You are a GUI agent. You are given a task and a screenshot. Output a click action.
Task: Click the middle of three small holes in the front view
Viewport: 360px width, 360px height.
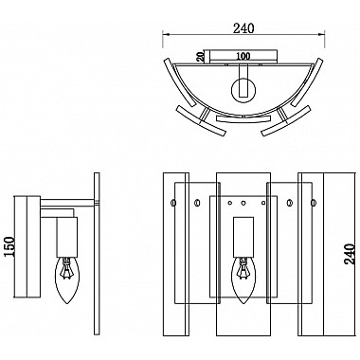243,203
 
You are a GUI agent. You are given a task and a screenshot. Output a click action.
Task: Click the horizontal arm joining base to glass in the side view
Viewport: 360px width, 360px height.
66,206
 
